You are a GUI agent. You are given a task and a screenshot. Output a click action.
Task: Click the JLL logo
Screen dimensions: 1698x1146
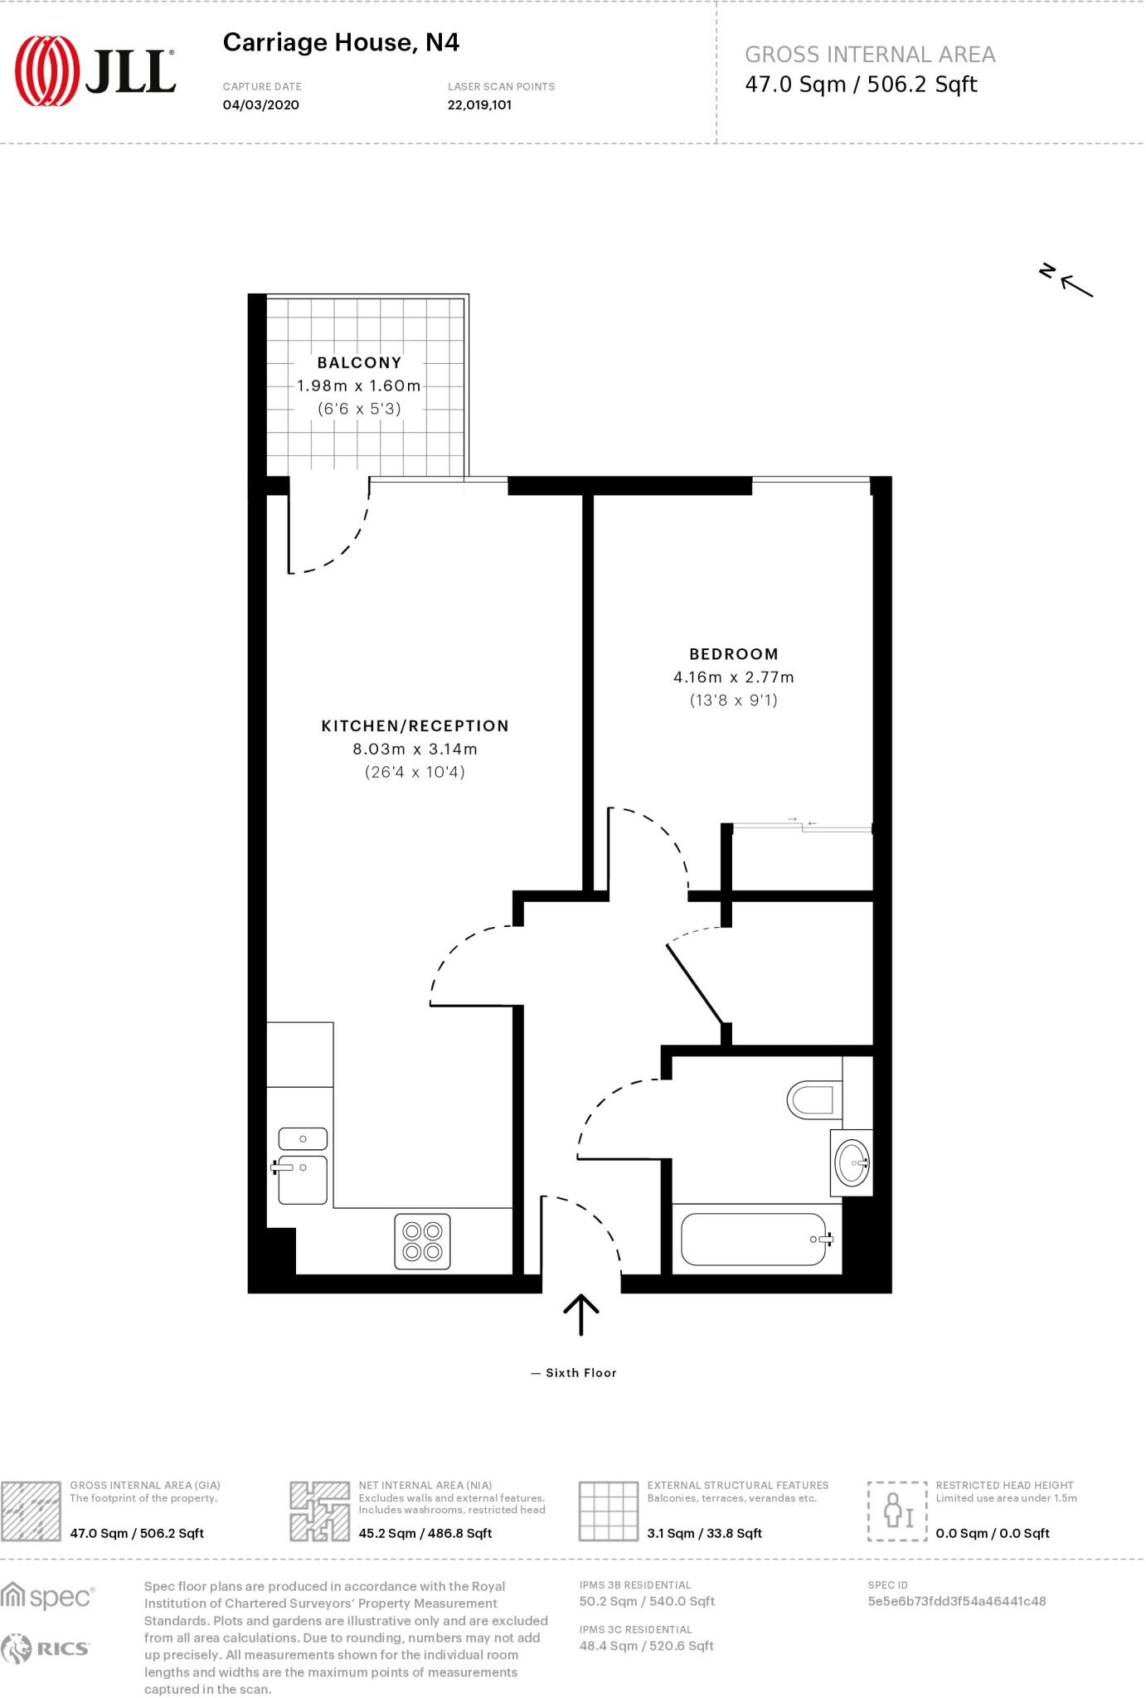[95, 71]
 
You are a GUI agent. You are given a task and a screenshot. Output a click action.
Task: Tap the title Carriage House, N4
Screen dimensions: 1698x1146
[341, 42]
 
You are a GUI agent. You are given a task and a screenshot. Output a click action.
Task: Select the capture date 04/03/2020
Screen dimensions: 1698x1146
[260, 105]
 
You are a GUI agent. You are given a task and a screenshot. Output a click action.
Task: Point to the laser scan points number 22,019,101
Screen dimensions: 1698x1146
[478, 105]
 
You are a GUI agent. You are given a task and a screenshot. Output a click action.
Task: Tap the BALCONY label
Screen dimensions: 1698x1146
[359, 362]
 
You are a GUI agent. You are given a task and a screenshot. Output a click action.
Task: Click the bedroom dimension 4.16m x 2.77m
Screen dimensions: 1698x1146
[733, 677]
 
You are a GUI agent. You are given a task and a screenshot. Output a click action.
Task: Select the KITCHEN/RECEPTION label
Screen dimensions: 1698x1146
[415, 725]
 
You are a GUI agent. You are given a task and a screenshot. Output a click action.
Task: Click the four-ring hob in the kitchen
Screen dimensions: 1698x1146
[422, 1241]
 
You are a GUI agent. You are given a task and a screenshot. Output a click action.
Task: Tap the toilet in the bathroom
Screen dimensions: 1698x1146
[811, 1100]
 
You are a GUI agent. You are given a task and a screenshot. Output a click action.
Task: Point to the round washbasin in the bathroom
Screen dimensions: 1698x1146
[852, 1162]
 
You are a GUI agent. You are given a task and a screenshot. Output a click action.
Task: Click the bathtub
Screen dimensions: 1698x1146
[753, 1240]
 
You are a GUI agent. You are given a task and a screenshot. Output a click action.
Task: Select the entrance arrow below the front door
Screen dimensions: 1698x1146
[581, 1314]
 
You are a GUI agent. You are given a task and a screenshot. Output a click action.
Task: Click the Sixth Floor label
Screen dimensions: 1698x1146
[580, 1373]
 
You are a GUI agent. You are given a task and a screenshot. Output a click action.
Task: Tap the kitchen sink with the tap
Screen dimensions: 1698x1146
[302, 1177]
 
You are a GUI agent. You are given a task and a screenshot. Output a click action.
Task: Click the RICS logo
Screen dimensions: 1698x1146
[46, 1649]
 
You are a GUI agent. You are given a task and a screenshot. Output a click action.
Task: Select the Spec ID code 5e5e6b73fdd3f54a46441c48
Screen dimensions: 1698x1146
[956, 1601]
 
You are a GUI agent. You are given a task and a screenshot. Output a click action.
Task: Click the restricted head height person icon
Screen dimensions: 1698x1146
[896, 1511]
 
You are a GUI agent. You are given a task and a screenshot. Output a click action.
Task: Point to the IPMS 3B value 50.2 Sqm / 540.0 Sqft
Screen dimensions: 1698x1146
[647, 1601]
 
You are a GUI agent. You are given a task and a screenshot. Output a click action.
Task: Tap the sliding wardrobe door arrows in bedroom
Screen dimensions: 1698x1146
[802, 822]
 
